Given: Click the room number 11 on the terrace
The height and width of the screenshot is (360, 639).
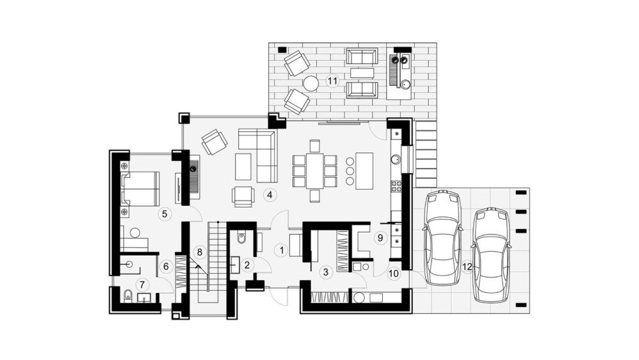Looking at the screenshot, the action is point(332,81).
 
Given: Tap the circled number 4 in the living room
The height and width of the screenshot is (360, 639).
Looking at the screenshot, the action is point(270,195).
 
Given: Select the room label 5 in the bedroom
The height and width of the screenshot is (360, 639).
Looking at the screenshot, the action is point(165,214).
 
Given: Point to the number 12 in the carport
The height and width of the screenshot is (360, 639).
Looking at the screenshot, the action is point(467,267).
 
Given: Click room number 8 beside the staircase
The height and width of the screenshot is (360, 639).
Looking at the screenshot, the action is point(199,252).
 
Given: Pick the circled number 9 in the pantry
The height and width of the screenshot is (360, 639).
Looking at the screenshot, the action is point(380,238).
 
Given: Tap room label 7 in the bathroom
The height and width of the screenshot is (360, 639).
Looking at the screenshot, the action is point(142,284).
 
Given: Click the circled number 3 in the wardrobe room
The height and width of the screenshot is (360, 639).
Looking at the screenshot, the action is point(325,272).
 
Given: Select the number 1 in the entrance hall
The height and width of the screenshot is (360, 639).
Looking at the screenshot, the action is point(281,250).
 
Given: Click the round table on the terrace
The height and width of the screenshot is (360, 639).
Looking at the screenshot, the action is point(311,83).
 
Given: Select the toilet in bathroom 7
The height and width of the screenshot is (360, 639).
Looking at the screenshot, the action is point(128,295).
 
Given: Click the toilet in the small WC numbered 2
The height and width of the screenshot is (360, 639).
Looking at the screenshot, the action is point(241,237).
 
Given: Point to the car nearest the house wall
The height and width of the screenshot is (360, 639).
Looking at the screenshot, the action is point(442,238).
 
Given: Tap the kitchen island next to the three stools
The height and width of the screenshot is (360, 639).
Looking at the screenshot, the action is point(364,170).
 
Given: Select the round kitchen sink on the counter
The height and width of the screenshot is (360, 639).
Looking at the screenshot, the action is point(396,159).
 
